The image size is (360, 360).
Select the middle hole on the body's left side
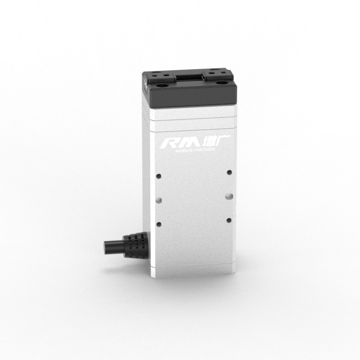pos(158,199)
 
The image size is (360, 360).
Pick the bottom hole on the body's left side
pos(158,223)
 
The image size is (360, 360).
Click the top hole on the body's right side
pos(229,172)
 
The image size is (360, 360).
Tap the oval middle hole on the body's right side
pos(229,196)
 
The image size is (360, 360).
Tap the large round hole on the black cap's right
pos(220,82)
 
